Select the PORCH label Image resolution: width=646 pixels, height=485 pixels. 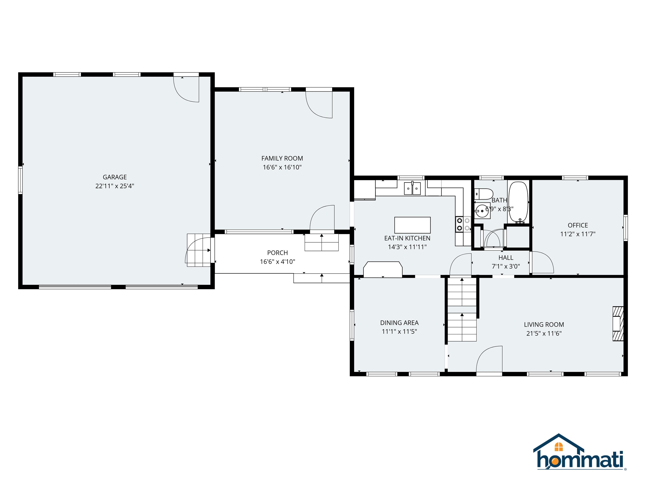[x=277, y=253]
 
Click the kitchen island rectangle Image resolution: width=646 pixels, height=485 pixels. [x=412, y=225]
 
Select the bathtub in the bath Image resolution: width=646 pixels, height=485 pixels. [x=518, y=202]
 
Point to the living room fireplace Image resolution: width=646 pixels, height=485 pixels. [x=617, y=323]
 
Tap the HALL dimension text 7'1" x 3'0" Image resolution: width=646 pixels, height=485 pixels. [x=506, y=266]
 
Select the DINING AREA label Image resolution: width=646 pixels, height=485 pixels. [x=399, y=323]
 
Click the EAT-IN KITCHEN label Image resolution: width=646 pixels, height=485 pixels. [x=407, y=238]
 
